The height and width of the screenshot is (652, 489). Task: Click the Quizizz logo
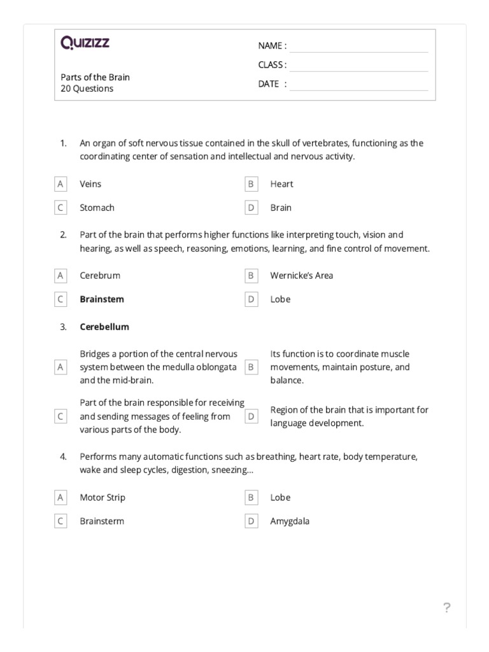pos(85,43)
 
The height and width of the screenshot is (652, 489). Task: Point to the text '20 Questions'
pos(87,89)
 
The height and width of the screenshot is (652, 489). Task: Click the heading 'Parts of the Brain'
pos(95,77)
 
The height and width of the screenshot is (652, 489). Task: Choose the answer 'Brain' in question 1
pos(281,208)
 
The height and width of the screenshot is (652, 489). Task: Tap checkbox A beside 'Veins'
pos(60,184)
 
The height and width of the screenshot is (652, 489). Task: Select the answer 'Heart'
pos(281,184)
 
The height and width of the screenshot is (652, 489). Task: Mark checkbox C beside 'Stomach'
pos(60,208)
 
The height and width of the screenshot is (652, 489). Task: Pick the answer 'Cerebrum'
pos(100,276)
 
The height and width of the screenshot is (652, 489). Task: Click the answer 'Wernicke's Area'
pos(301,276)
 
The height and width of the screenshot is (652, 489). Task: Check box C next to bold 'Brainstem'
pos(60,299)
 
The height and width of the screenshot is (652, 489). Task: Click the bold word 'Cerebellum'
pos(104,327)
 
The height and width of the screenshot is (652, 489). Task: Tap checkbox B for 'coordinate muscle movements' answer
pos(251,367)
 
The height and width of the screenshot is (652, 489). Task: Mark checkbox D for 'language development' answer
pos(251,416)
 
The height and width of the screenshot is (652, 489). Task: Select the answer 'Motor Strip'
pos(103,498)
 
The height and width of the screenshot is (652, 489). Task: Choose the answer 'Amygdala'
pos(290,521)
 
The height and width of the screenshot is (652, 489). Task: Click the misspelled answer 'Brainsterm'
pos(102,521)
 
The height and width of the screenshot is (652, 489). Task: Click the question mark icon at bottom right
pos(447,608)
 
